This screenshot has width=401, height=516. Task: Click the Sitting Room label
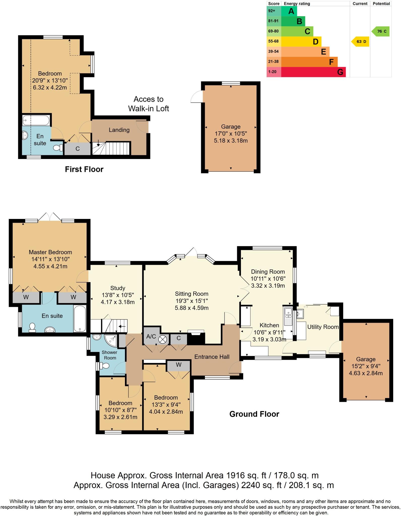coord(192,294)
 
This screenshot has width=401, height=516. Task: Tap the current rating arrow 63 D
coord(361,42)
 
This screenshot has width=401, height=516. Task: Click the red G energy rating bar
coord(313,72)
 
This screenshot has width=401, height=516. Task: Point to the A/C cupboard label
coord(151,336)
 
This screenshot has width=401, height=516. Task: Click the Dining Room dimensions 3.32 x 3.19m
coord(268,286)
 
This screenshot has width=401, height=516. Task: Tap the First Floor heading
coord(84,169)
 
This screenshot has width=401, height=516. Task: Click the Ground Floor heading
coord(254,414)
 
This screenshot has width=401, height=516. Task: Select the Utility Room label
coord(323,327)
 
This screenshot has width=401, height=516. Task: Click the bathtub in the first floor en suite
coord(36,120)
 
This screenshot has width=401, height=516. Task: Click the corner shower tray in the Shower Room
coord(111,340)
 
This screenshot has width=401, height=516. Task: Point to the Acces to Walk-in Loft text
coord(148,104)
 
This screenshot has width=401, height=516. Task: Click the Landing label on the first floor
coord(119,130)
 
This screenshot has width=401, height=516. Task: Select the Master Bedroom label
coord(50,252)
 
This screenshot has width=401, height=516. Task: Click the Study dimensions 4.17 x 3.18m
coord(118,302)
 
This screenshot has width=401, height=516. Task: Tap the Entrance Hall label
coord(212,357)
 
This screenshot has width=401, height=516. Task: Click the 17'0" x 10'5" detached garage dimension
coord(231,134)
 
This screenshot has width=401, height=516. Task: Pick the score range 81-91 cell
coord(273,21)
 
